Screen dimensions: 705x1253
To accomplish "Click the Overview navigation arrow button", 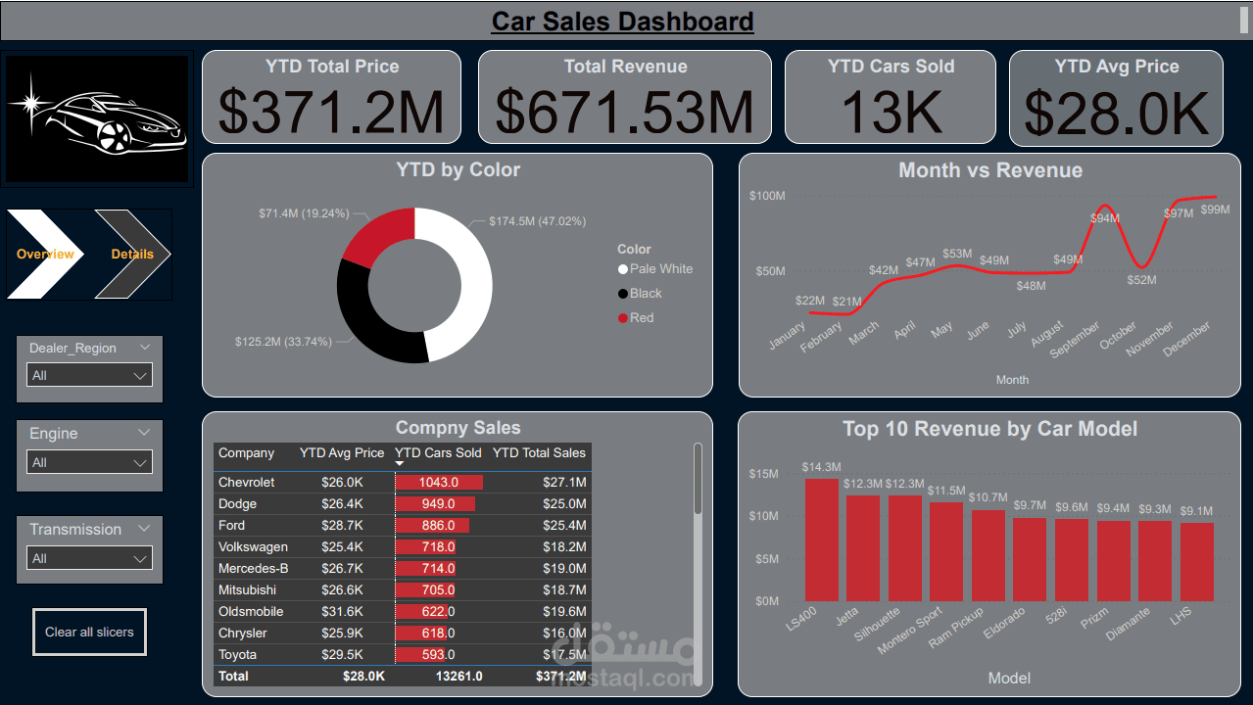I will pos(45,254).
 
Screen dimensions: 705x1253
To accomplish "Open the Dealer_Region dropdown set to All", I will pos(89,375).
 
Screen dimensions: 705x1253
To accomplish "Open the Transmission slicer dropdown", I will pos(89,558).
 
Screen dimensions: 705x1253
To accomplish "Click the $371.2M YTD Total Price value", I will pos(331,111).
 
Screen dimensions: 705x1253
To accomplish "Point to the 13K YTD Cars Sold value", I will pos(890,111).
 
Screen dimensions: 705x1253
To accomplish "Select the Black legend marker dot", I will pos(623,294).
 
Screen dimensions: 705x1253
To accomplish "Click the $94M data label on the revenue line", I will pos(1105,218).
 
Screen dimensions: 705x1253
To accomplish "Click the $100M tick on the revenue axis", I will pos(767,196).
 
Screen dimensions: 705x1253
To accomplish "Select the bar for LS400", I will pos(822,540).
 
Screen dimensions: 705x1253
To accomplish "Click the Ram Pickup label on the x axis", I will pos(956,628).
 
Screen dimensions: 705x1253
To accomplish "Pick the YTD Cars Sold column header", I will pos(438,453).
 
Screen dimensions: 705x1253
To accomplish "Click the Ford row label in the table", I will pos(232,526).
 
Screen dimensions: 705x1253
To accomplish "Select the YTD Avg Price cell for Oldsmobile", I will pos(343,612).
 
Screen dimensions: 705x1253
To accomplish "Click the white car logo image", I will pos(98,119).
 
